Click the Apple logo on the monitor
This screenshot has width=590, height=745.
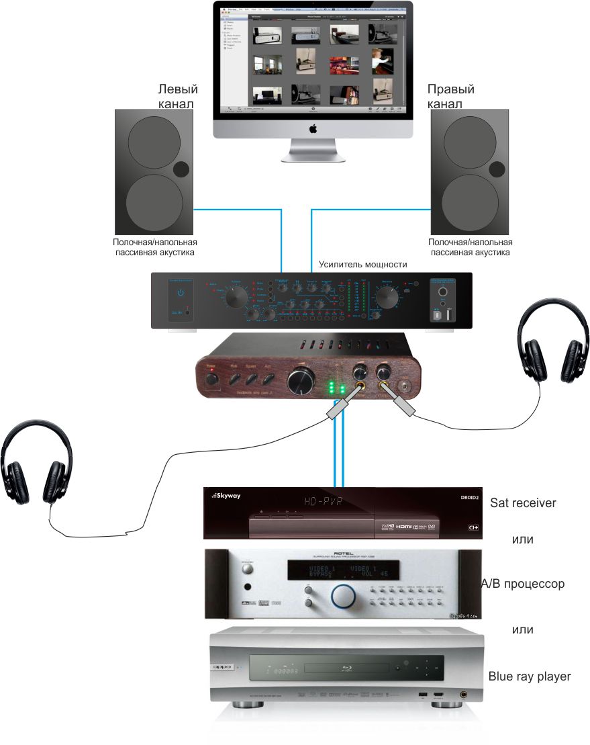click(x=312, y=128)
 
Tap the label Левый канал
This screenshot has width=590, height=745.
click(x=177, y=97)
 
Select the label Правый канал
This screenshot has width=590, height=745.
click(x=450, y=97)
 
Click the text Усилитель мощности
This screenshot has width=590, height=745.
click(x=362, y=265)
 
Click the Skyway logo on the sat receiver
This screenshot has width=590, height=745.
click(x=226, y=496)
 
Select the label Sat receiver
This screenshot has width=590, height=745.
click(x=523, y=502)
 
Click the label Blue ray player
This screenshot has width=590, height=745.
click(x=530, y=676)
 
